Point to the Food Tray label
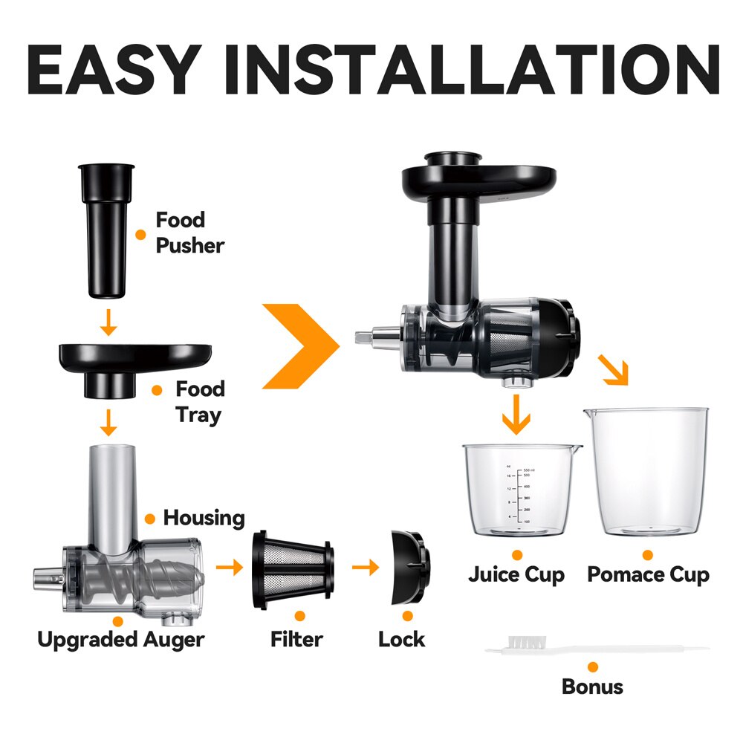pyautogui.click(x=200, y=402)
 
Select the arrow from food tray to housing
pyautogui.click(x=108, y=422)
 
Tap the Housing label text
pyautogui.click(x=204, y=517)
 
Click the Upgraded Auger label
pyautogui.click(x=121, y=639)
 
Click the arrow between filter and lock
pyautogui.click(x=366, y=568)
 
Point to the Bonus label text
pyautogui.click(x=592, y=687)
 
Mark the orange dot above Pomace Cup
pyautogui.click(x=647, y=555)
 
